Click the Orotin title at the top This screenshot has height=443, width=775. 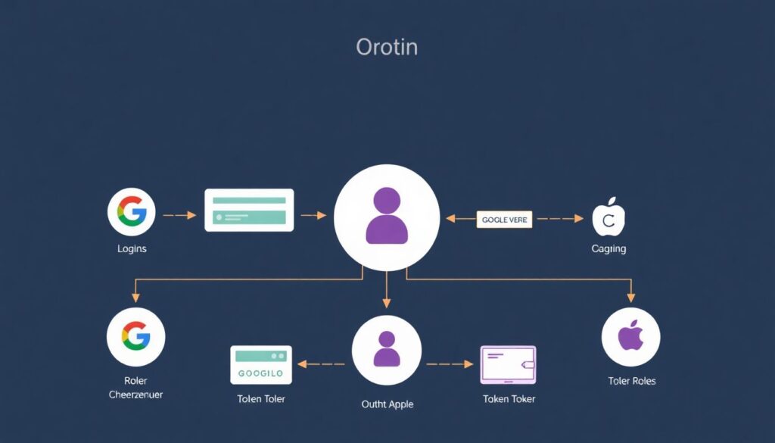tap(386, 47)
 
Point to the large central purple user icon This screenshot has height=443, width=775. tap(387, 216)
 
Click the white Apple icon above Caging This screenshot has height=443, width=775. tap(608, 217)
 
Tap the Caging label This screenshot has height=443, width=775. tap(608, 249)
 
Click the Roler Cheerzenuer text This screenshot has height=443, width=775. tap(136, 388)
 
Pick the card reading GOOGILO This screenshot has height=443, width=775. tap(260, 365)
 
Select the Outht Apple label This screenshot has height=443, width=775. tap(387, 404)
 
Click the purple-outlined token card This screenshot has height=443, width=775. tap(508, 365)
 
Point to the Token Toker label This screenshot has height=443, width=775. tap(509, 398)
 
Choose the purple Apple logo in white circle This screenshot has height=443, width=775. tap(630, 337)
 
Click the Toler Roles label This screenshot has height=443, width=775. tap(632, 381)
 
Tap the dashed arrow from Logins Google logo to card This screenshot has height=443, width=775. tap(179, 216)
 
